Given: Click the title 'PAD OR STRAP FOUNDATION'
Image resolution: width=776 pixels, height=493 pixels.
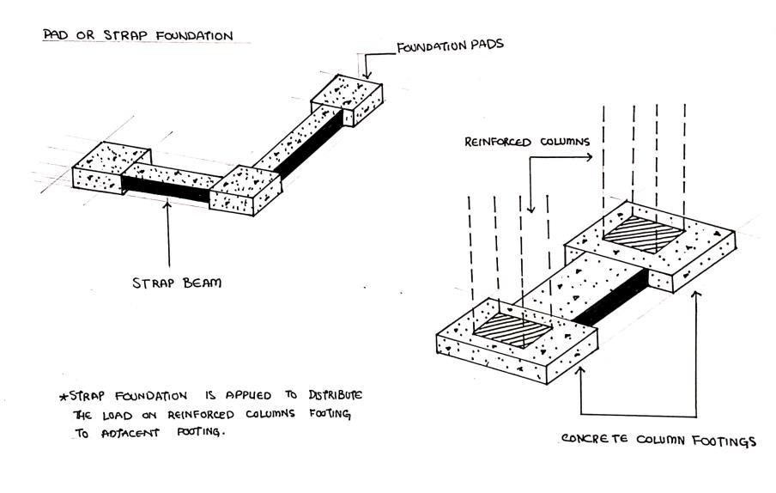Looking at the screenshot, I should [x=137, y=36].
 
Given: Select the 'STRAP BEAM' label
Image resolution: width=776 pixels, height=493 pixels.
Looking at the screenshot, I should [x=176, y=282].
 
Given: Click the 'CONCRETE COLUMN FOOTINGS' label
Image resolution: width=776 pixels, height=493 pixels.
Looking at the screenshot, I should [x=658, y=441].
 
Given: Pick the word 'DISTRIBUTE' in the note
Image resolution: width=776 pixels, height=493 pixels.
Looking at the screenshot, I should [x=330, y=395].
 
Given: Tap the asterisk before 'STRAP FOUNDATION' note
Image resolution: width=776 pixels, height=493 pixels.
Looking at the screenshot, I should [x=62, y=398].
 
